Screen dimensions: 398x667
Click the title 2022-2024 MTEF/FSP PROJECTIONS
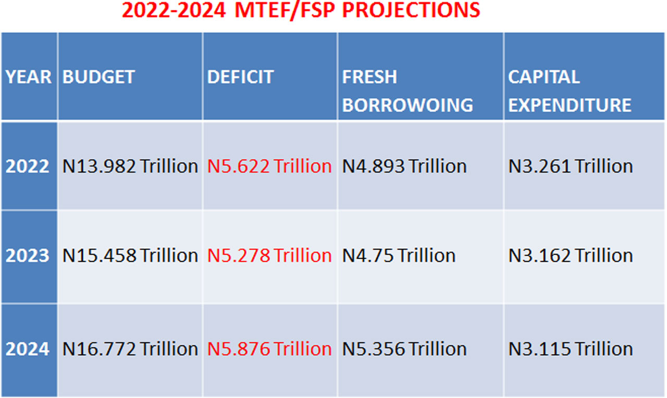click(x=301, y=10)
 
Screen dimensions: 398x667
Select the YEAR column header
click(x=29, y=77)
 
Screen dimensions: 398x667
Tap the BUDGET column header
click(x=98, y=77)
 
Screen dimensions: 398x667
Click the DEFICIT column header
click(x=240, y=77)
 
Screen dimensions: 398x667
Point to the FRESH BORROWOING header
click(x=407, y=91)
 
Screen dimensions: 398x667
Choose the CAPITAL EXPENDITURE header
click(x=570, y=91)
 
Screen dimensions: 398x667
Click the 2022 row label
click(x=28, y=166)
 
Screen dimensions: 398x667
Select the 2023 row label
click(x=28, y=256)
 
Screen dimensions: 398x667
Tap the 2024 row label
click(x=28, y=348)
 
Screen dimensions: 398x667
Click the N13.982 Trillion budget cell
click(x=130, y=166)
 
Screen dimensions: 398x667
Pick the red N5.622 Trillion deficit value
click(x=269, y=166)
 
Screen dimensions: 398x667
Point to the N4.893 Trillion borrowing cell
click(x=404, y=166)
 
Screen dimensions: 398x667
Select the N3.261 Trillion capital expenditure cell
click(x=571, y=166)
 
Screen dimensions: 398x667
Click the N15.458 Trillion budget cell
click(x=130, y=256)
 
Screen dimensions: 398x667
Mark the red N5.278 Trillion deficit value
click(x=269, y=256)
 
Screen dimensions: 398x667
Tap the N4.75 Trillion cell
click(x=399, y=256)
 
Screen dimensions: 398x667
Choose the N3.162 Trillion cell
click(x=571, y=256)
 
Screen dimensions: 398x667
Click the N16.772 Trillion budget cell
click(x=130, y=348)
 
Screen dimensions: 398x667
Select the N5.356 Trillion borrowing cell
click(x=404, y=348)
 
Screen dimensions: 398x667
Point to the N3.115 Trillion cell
click(x=571, y=348)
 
